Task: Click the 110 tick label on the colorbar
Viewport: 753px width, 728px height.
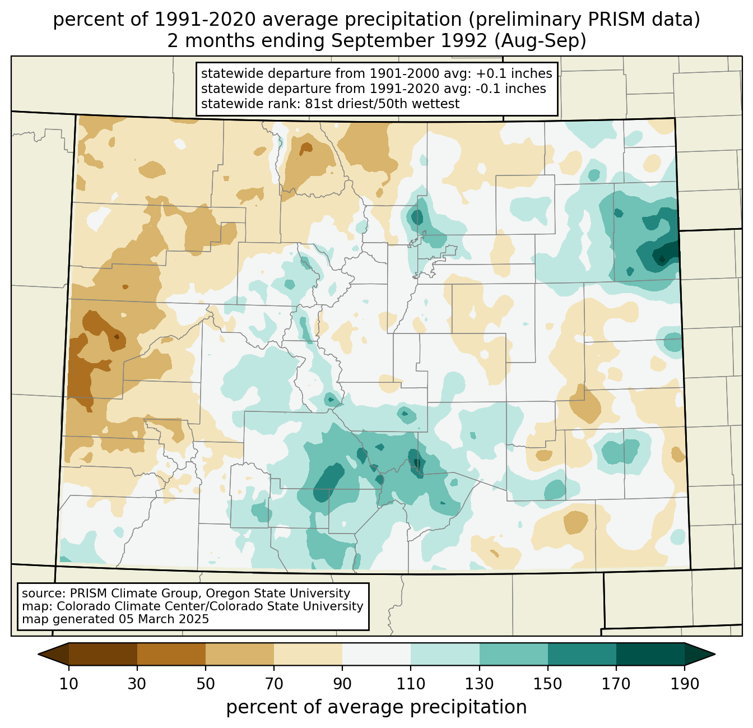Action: pos(411,684)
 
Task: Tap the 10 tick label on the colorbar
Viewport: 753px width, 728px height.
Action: pos(69,684)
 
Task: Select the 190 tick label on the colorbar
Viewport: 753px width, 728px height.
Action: pos(684,684)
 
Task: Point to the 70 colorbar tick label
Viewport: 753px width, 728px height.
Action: pos(274,684)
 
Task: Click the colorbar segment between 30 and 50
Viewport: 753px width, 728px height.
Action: pos(171,654)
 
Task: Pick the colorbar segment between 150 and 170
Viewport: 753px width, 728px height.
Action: pos(582,654)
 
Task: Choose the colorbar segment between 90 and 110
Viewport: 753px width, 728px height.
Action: pos(376,654)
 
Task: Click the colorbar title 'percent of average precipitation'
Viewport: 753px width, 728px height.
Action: pos(376,707)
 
